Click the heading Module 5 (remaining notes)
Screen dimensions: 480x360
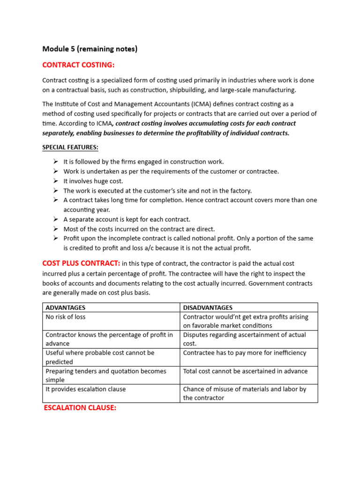90,49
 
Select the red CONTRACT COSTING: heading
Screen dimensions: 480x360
78,65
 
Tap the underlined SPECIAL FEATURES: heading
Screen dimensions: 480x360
70,147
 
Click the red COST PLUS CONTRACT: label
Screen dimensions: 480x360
81,263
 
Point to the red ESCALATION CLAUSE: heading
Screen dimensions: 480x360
80,408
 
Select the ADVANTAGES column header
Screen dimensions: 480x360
66,307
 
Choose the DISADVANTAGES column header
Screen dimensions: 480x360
208,307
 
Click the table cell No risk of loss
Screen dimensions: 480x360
66,317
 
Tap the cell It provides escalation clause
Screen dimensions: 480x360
86,389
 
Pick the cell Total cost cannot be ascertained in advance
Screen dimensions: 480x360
245,371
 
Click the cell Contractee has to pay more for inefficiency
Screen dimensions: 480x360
244,353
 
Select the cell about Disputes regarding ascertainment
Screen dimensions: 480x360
244,339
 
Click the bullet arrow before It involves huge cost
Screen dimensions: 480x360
55,181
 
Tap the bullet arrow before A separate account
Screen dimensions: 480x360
55,219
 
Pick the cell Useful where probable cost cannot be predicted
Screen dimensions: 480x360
100,357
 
